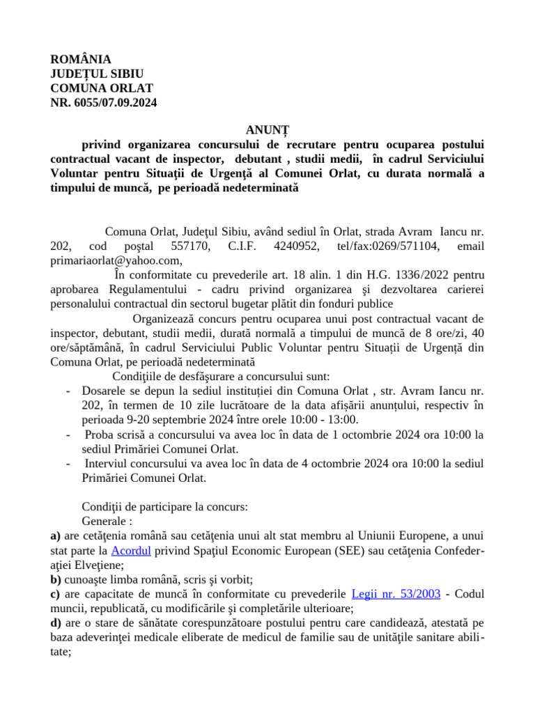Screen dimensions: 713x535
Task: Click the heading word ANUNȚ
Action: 267,130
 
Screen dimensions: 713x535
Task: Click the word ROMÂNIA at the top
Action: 81,60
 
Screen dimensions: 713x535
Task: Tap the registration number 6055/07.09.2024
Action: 114,102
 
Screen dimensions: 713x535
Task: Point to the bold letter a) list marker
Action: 55,536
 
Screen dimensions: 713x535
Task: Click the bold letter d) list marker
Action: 56,622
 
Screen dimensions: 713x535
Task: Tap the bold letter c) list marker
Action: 55,593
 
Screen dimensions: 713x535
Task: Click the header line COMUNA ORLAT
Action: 102,88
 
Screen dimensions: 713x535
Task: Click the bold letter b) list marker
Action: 56,579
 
